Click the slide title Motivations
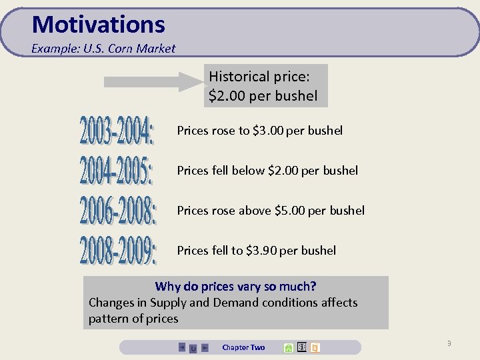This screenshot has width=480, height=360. click(98, 25)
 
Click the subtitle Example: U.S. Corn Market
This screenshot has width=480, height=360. click(103, 49)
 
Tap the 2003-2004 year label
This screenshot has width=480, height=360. click(117, 131)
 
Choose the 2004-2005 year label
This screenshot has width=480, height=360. click(117, 171)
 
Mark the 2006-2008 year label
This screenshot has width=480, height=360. click(118, 211)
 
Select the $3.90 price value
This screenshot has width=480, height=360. click(261, 251)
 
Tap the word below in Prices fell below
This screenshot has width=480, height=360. click(248, 171)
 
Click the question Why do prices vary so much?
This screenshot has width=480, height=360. click(235, 287)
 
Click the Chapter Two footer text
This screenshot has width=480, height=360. click(243, 347)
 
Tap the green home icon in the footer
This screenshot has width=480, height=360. click(288, 347)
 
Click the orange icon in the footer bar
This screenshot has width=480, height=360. click(315, 347)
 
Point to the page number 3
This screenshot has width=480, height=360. click(449, 343)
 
